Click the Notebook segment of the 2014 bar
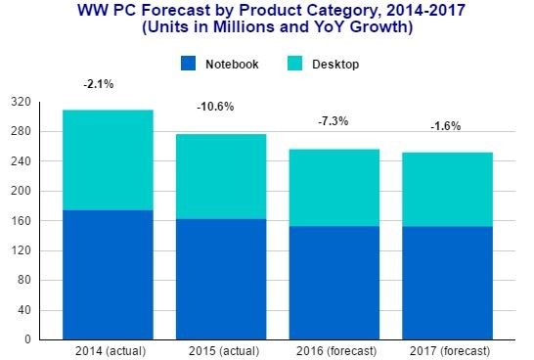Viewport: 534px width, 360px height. click(108, 275)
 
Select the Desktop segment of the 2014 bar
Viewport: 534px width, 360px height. click(108, 160)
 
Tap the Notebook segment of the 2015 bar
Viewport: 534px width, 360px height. click(221, 279)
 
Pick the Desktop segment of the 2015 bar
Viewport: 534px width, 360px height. click(221, 176)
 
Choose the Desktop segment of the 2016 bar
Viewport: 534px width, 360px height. click(334, 188)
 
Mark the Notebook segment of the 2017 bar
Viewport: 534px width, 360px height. click(448, 283)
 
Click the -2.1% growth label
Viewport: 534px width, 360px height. click(99, 84)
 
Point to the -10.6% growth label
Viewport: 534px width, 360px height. click(215, 107)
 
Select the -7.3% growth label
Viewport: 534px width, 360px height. click(334, 121)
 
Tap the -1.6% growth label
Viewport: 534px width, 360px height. click(445, 126)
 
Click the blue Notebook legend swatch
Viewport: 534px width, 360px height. click(189, 64)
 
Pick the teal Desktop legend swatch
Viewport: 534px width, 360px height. click(294, 64)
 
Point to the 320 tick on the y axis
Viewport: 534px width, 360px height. click(21, 102)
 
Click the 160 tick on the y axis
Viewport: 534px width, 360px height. click(21, 221)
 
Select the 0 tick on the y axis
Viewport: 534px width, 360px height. click(27, 339)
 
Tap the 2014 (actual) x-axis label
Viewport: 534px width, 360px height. click(111, 351)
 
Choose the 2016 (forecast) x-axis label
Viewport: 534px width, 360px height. click(336, 351)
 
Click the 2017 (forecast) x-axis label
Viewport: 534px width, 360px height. click(450, 351)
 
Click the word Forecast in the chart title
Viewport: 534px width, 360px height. click(176, 10)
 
